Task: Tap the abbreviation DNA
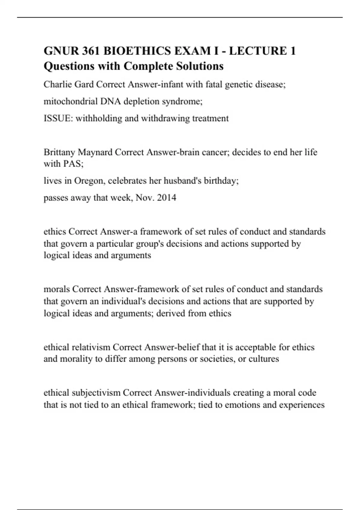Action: point(111,101)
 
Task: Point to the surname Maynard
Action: point(95,152)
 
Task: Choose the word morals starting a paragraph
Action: point(57,289)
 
